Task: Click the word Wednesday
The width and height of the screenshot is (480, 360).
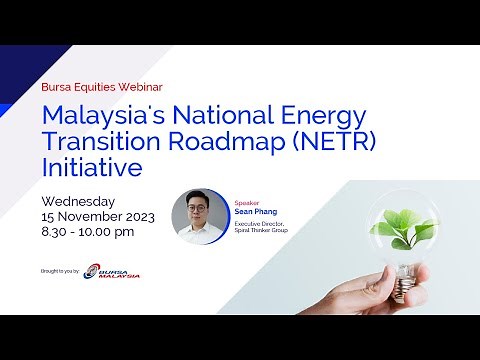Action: tap(79, 201)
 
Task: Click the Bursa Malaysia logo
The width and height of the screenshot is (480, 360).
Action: tap(112, 271)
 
